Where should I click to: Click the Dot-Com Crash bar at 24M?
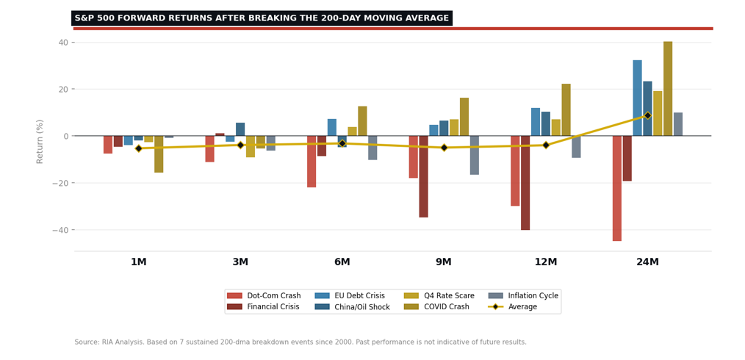pyautogui.click(x=616, y=188)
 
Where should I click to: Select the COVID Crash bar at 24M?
pyautogui.click(x=667, y=89)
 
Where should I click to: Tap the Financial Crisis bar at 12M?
pyautogui.click(x=525, y=183)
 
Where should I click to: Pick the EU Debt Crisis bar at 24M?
pyautogui.click(x=637, y=98)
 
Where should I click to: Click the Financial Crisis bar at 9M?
pyautogui.click(x=423, y=176)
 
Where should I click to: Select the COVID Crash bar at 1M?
pyautogui.click(x=159, y=154)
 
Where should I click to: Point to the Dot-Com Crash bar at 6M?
pyautogui.click(x=312, y=162)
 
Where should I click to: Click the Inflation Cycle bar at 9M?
pyautogui.click(x=474, y=155)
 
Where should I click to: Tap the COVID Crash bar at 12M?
pyautogui.click(x=566, y=110)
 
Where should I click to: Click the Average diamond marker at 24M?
pyautogui.click(x=647, y=115)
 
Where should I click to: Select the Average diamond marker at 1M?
pyautogui.click(x=138, y=148)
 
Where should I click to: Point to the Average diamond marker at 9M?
pyautogui.click(x=444, y=148)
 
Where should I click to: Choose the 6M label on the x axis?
pyautogui.click(x=342, y=262)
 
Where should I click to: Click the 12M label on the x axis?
pyautogui.click(x=545, y=262)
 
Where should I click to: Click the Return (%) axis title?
pyautogui.click(x=40, y=141)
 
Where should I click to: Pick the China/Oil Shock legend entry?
pyautogui.click(x=359, y=307)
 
